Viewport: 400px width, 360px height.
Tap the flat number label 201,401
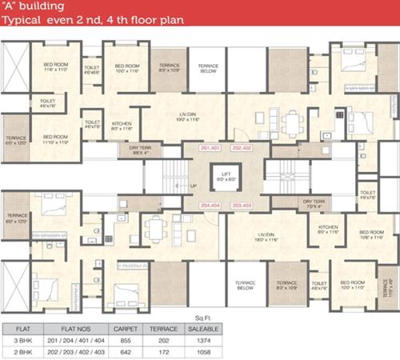pos(210,150)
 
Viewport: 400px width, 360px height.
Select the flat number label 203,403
pos(241,206)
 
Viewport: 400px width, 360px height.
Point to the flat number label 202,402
pos(241,150)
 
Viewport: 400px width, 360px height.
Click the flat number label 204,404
pos(210,206)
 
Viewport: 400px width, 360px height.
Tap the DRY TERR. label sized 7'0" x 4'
pos(312,204)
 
